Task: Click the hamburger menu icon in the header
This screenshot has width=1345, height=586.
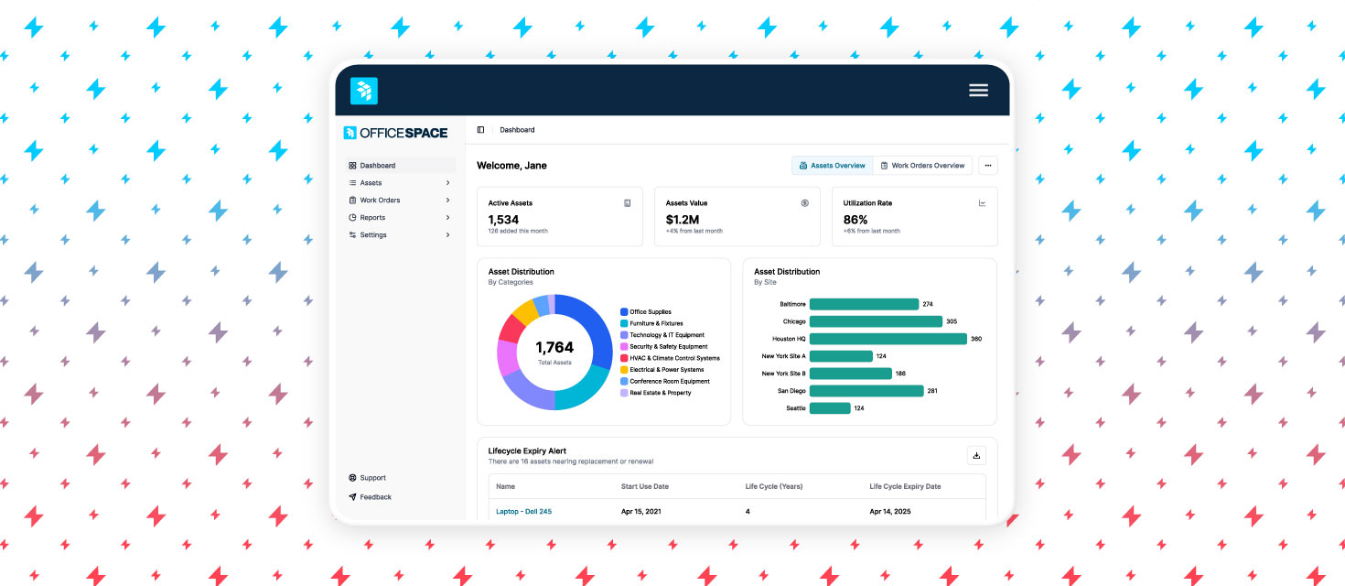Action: pos(978,90)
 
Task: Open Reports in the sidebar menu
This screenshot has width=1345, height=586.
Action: pos(372,218)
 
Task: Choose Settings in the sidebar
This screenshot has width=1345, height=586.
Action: pos(373,235)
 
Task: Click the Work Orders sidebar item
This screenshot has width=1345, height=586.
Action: pos(380,201)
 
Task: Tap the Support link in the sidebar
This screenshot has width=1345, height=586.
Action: pos(372,478)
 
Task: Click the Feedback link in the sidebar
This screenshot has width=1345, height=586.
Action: pos(375,497)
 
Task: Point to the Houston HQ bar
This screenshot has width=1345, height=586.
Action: pos(888,339)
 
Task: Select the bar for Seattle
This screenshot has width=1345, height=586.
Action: pos(830,408)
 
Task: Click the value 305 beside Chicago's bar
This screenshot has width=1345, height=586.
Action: pos(952,321)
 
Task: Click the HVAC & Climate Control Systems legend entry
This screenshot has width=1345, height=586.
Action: pos(674,358)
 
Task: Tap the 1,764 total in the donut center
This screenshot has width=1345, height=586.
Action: pos(554,348)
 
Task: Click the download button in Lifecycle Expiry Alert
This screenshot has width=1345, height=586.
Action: pos(976,455)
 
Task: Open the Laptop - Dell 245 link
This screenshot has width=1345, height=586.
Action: pos(523,511)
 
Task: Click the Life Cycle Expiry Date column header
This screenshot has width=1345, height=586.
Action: pos(905,486)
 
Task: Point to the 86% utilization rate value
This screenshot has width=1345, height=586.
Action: pos(855,220)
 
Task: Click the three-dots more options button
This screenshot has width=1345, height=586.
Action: pos(988,166)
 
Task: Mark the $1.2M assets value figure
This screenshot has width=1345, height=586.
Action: pos(683,220)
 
